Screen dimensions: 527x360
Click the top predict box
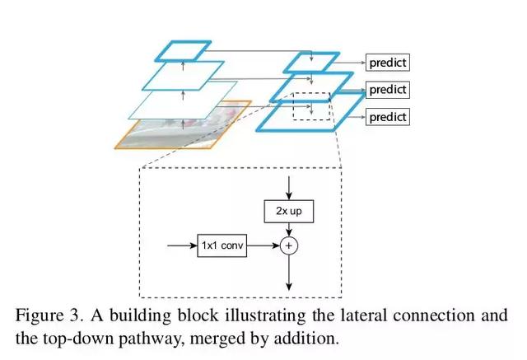coord(388,62)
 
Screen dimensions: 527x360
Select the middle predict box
coord(388,90)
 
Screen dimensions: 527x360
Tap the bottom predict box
coord(388,117)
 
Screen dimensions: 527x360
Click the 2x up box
coord(289,212)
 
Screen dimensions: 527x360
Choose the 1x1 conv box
coord(222,245)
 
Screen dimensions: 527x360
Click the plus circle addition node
coord(289,245)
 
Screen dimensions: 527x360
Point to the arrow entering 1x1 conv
coord(182,245)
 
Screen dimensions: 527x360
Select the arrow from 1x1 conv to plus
coord(263,245)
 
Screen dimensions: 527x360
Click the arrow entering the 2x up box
coord(289,188)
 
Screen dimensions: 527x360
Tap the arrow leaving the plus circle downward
coord(289,273)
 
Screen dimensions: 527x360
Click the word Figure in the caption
coord(40,316)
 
